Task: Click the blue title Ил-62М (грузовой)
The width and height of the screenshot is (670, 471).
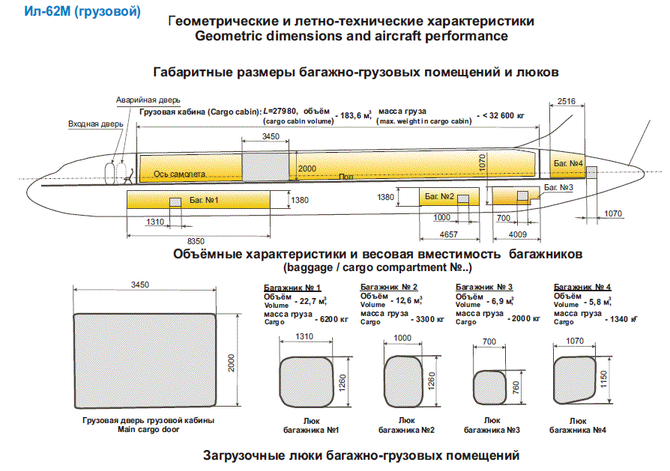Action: coord(82,11)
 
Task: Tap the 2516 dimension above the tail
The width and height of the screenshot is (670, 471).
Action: coord(566,101)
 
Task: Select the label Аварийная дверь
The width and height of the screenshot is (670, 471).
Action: coord(148,100)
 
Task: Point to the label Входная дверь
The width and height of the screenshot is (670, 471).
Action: coord(96,124)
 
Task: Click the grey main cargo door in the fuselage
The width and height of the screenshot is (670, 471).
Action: coord(265,168)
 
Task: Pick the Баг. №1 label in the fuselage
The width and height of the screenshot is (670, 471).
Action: coord(204,200)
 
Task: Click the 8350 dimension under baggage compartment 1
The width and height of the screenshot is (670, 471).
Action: coord(196,241)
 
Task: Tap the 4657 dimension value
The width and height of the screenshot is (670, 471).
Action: coord(449,234)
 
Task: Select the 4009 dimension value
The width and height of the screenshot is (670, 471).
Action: coord(517,234)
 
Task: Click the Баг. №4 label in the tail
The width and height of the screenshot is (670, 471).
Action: coord(568,163)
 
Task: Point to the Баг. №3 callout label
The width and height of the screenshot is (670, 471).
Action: coord(558,187)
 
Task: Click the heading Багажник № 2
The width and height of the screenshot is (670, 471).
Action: coord(389,287)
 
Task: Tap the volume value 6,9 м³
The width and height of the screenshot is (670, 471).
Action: coord(502,301)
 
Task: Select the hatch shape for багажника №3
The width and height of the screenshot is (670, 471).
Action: coord(492,387)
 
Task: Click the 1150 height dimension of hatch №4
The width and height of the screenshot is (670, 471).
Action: coord(603,380)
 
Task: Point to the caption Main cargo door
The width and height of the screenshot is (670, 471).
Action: coord(148,430)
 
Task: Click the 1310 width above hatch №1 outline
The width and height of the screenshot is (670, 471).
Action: coord(304,336)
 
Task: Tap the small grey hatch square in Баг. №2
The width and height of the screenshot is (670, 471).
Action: coord(463,199)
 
